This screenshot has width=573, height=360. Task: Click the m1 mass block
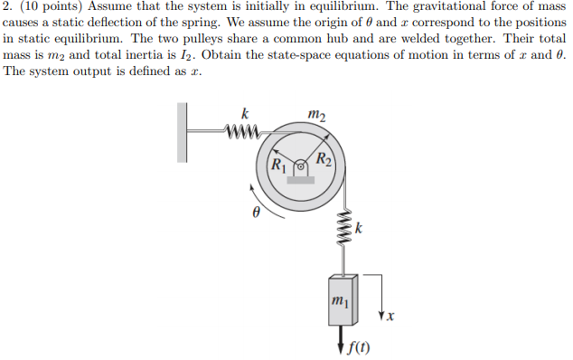pos(338,298)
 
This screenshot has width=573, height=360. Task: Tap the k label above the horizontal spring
pos(245,114)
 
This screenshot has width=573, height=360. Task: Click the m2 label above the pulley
pos(316,112)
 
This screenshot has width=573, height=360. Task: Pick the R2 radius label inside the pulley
pos(324,161)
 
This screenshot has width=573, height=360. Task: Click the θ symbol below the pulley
pos(256,213)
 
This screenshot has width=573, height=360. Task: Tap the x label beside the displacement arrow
pos(390,317)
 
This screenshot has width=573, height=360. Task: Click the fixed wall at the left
pos(189,132)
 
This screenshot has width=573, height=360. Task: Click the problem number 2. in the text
pos(9,7)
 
